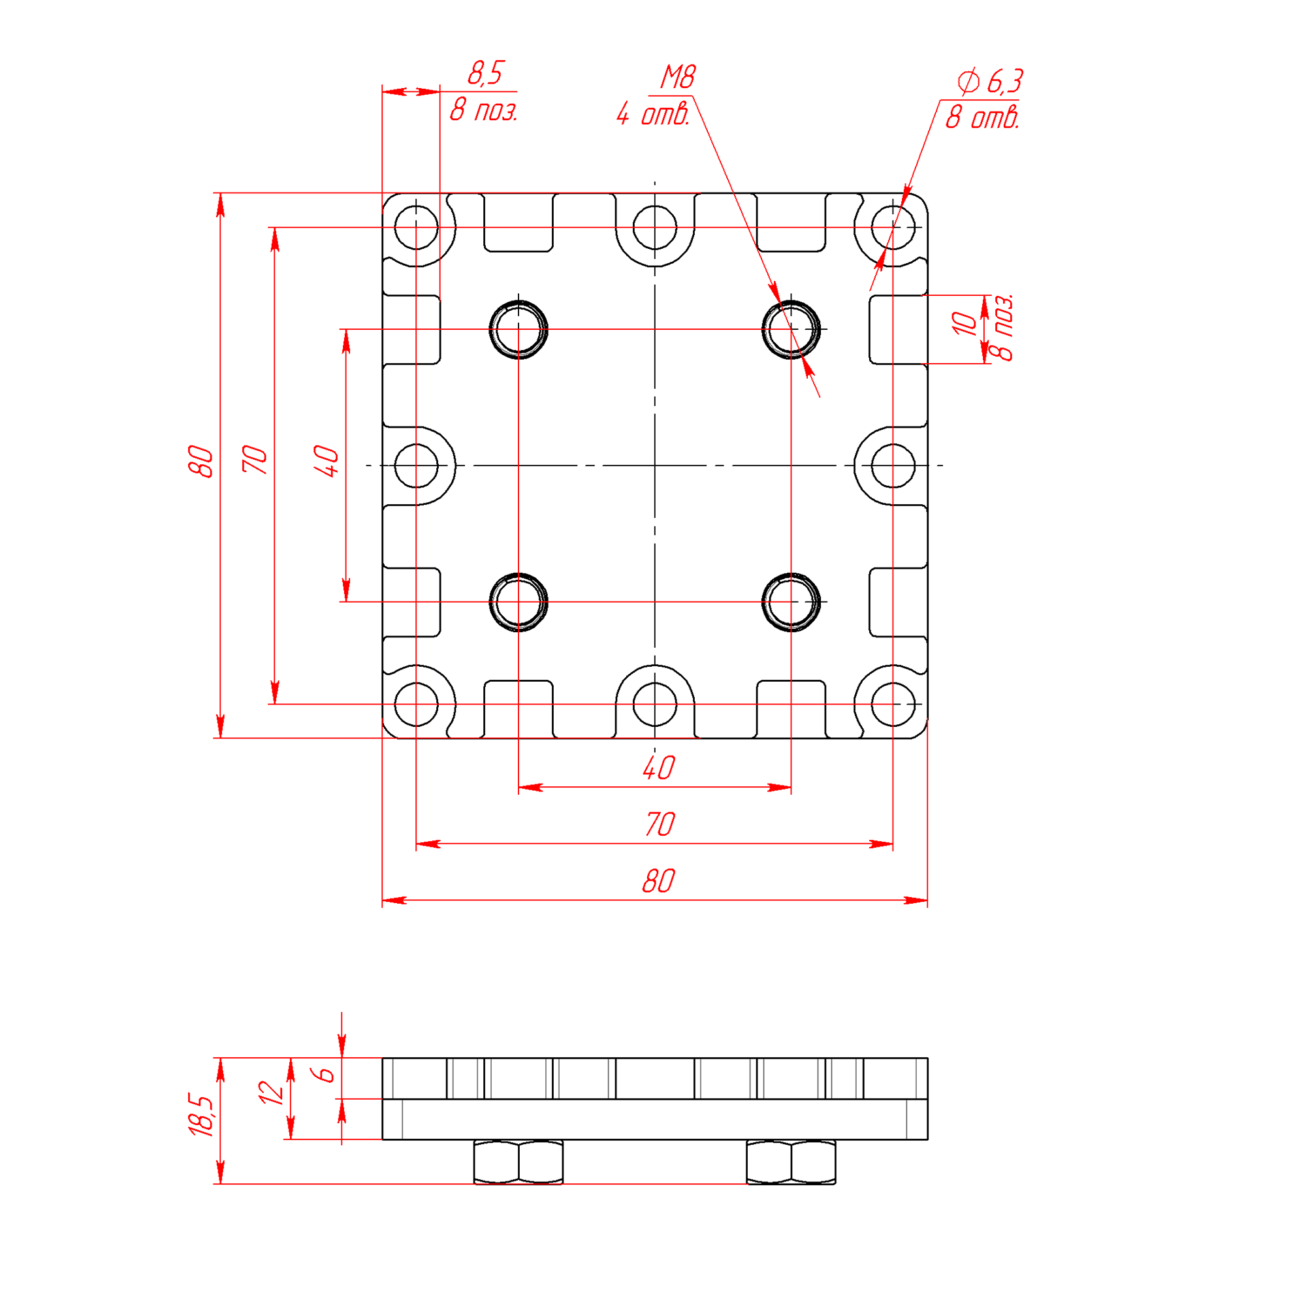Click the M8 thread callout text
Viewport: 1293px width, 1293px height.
pos(678,77)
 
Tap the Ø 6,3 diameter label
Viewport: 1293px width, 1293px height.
pos(990,82)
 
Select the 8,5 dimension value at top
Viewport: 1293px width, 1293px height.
pos(485,73)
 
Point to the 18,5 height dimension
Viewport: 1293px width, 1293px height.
pos(200,1115)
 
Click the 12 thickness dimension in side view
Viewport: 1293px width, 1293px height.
pos(271,1093)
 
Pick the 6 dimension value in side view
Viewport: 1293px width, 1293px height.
pos(325,1074)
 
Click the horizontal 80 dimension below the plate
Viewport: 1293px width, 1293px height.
pos(658,881)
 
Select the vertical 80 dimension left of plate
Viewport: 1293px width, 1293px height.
pos(200,461)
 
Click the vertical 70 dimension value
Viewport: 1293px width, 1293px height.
pos(255,459)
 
